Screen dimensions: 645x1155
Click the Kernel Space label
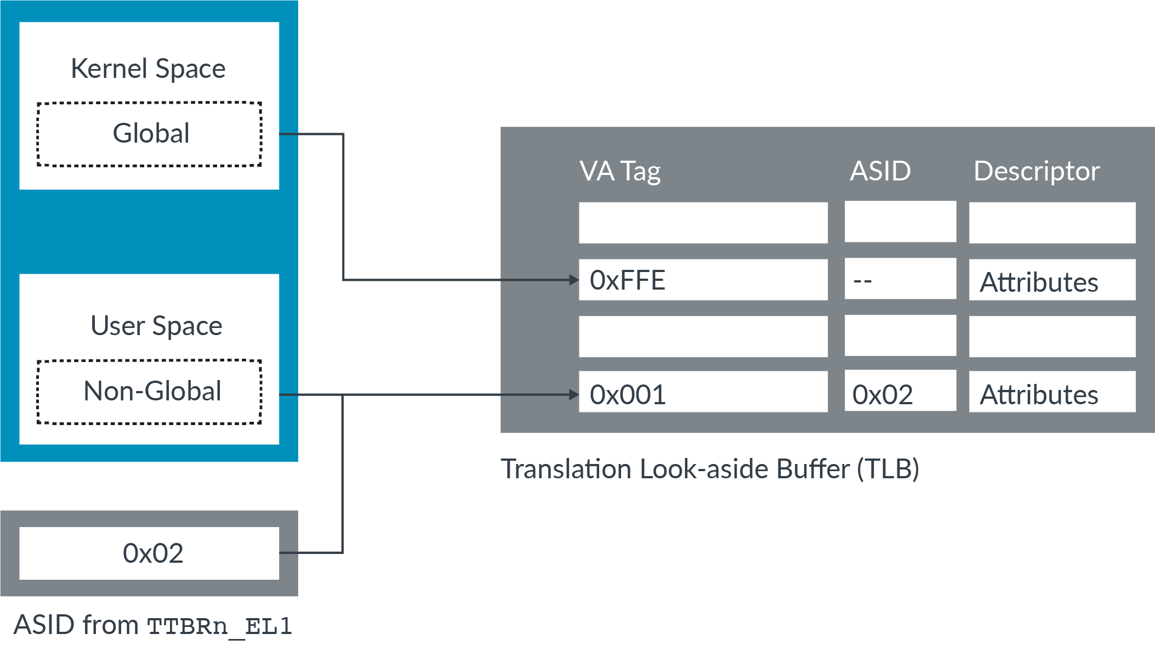coord(148,69)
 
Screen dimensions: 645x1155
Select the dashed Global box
coord(149,134)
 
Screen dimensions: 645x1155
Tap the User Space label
coord(156,326)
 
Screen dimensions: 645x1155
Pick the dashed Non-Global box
coord(149,392)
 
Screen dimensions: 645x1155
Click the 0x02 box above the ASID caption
coord(149,553)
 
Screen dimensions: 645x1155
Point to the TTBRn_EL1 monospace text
coord(219,626)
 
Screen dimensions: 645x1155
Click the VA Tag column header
coord(620,171)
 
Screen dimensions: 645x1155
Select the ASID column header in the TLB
coord(880,171)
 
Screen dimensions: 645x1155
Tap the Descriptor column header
coord(1037,171)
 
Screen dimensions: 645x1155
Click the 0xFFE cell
coord(703,280)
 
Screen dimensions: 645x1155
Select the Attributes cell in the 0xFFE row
coord(1052,281)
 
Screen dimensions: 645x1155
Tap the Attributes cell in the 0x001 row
coord(1052,393)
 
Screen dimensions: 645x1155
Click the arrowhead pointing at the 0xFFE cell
coord(574,280)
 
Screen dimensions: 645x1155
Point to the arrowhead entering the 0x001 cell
coord(574,394)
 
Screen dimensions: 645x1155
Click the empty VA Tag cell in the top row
coord(703,223)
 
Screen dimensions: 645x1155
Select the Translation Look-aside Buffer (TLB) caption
coord(710,469)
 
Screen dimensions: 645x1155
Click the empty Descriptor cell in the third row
coord(1052,336)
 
